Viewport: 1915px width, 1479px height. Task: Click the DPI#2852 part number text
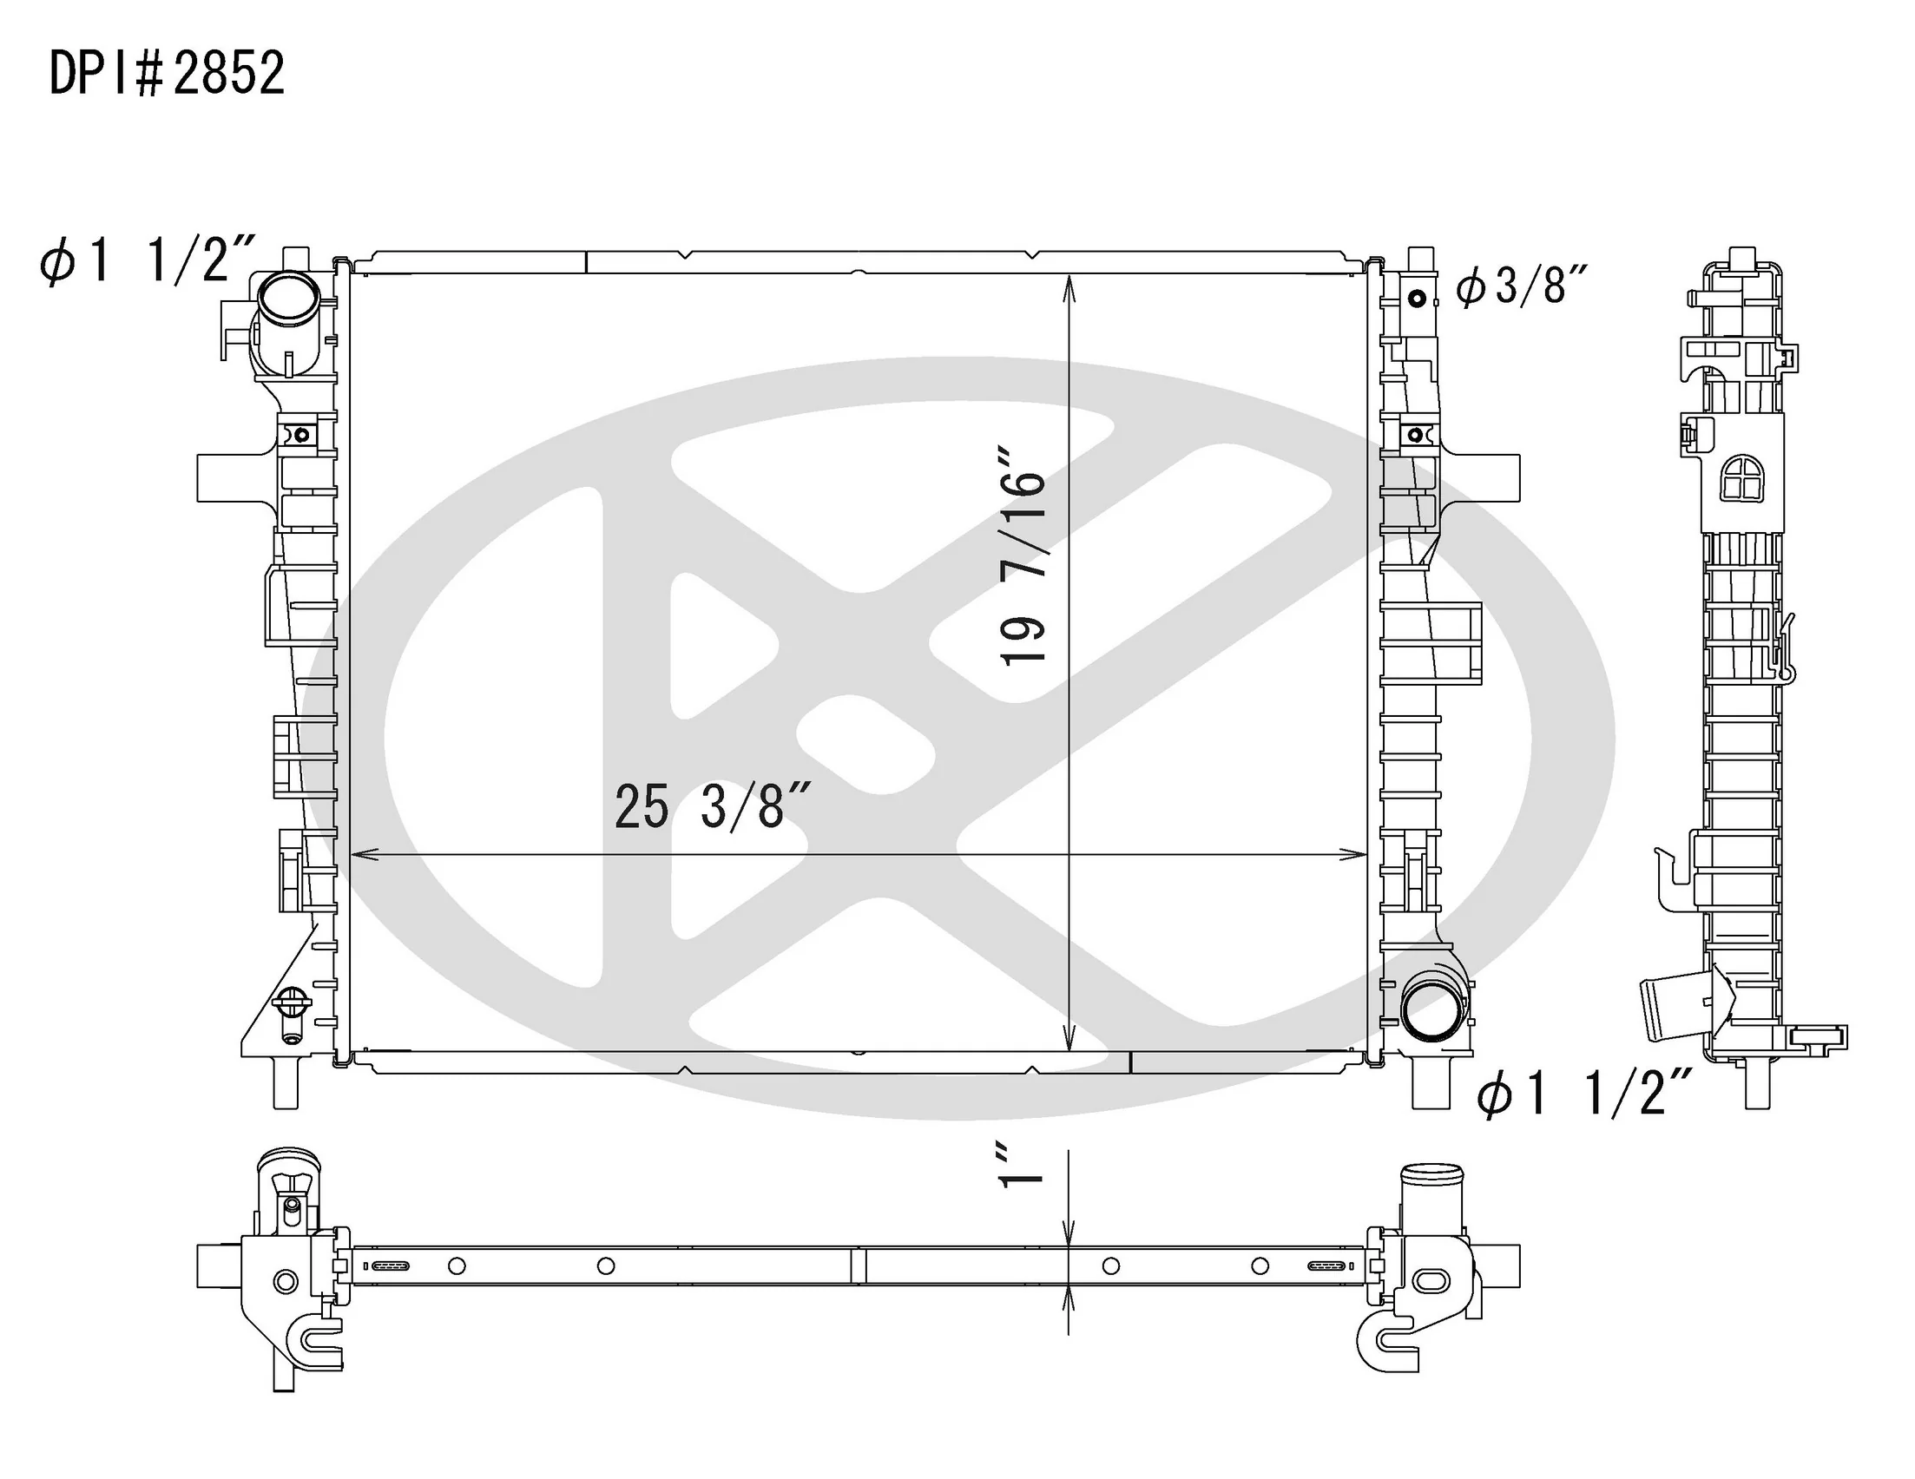coord(168,73)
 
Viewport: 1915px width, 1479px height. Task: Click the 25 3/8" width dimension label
coord(710,805)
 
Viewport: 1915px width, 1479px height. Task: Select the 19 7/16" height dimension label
coord(1023,557)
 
